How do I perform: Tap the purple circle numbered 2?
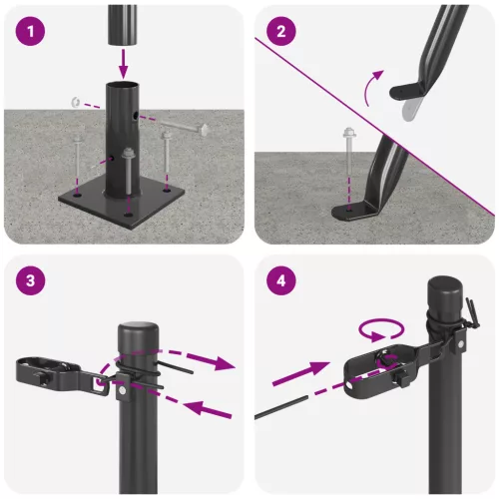[282, 32]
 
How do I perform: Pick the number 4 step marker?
[282, 281]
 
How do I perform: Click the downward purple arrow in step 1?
[125, 62]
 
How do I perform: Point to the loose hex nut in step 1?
[76, 101]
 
